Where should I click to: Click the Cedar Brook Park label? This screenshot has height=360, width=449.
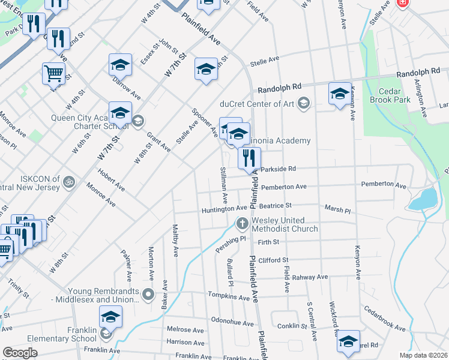coord(390,95)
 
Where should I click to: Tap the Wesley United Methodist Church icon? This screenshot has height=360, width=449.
coord(242,224)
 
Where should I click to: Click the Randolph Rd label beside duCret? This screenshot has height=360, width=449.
coord(277,88)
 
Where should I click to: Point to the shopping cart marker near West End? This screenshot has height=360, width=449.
coord(53,74)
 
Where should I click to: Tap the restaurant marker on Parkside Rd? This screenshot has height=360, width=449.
coord(249,158)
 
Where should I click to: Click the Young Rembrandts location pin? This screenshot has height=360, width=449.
coord(149,295)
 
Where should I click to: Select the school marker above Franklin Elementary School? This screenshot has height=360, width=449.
coord(110,317)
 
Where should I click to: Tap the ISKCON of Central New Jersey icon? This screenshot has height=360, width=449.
coord(70,179)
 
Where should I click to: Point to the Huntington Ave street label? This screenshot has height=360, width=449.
coord(224,209)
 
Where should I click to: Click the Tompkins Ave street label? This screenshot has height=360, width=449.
coord(228,296)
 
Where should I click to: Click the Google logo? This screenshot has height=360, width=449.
coord(20,353)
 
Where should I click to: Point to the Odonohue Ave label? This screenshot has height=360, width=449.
coord(232,323)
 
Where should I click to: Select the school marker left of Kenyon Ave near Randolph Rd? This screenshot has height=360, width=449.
coord(339,94)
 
